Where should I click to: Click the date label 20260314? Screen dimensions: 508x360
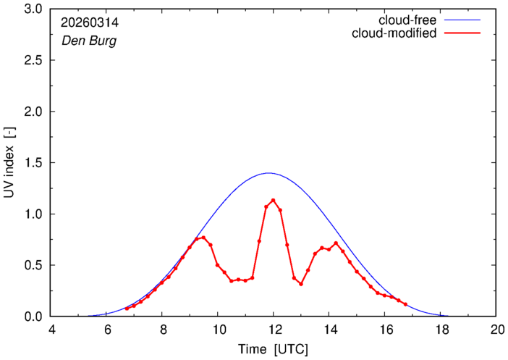click(90, 22)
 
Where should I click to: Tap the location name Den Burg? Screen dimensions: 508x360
click(89, 41)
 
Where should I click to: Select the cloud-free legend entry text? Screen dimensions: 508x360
click(407, 20)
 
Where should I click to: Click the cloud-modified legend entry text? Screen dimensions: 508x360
click(394, 33)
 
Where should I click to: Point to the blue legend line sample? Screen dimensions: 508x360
click(462, 20)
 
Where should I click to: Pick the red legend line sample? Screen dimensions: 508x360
click(462, 33)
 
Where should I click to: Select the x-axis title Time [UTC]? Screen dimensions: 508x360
click(273, 350)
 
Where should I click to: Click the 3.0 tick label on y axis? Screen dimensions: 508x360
click(33, 9)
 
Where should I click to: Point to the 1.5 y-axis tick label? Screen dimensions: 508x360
click(33, 163)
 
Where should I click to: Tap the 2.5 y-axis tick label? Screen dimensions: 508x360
click(33, 60)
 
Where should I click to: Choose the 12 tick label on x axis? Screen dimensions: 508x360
click(273, 330)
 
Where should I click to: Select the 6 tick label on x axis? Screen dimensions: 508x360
click(106, 330)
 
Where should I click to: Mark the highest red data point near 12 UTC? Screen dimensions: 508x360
click(273, 200)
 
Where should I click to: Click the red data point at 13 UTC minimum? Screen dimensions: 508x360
click(301, 284)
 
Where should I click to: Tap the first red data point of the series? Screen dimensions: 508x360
click(127, 309)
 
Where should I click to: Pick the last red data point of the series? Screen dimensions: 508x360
click(405, 304)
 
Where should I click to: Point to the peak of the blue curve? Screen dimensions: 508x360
click(268, 173)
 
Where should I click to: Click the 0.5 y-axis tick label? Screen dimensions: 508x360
click(33, 265)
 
